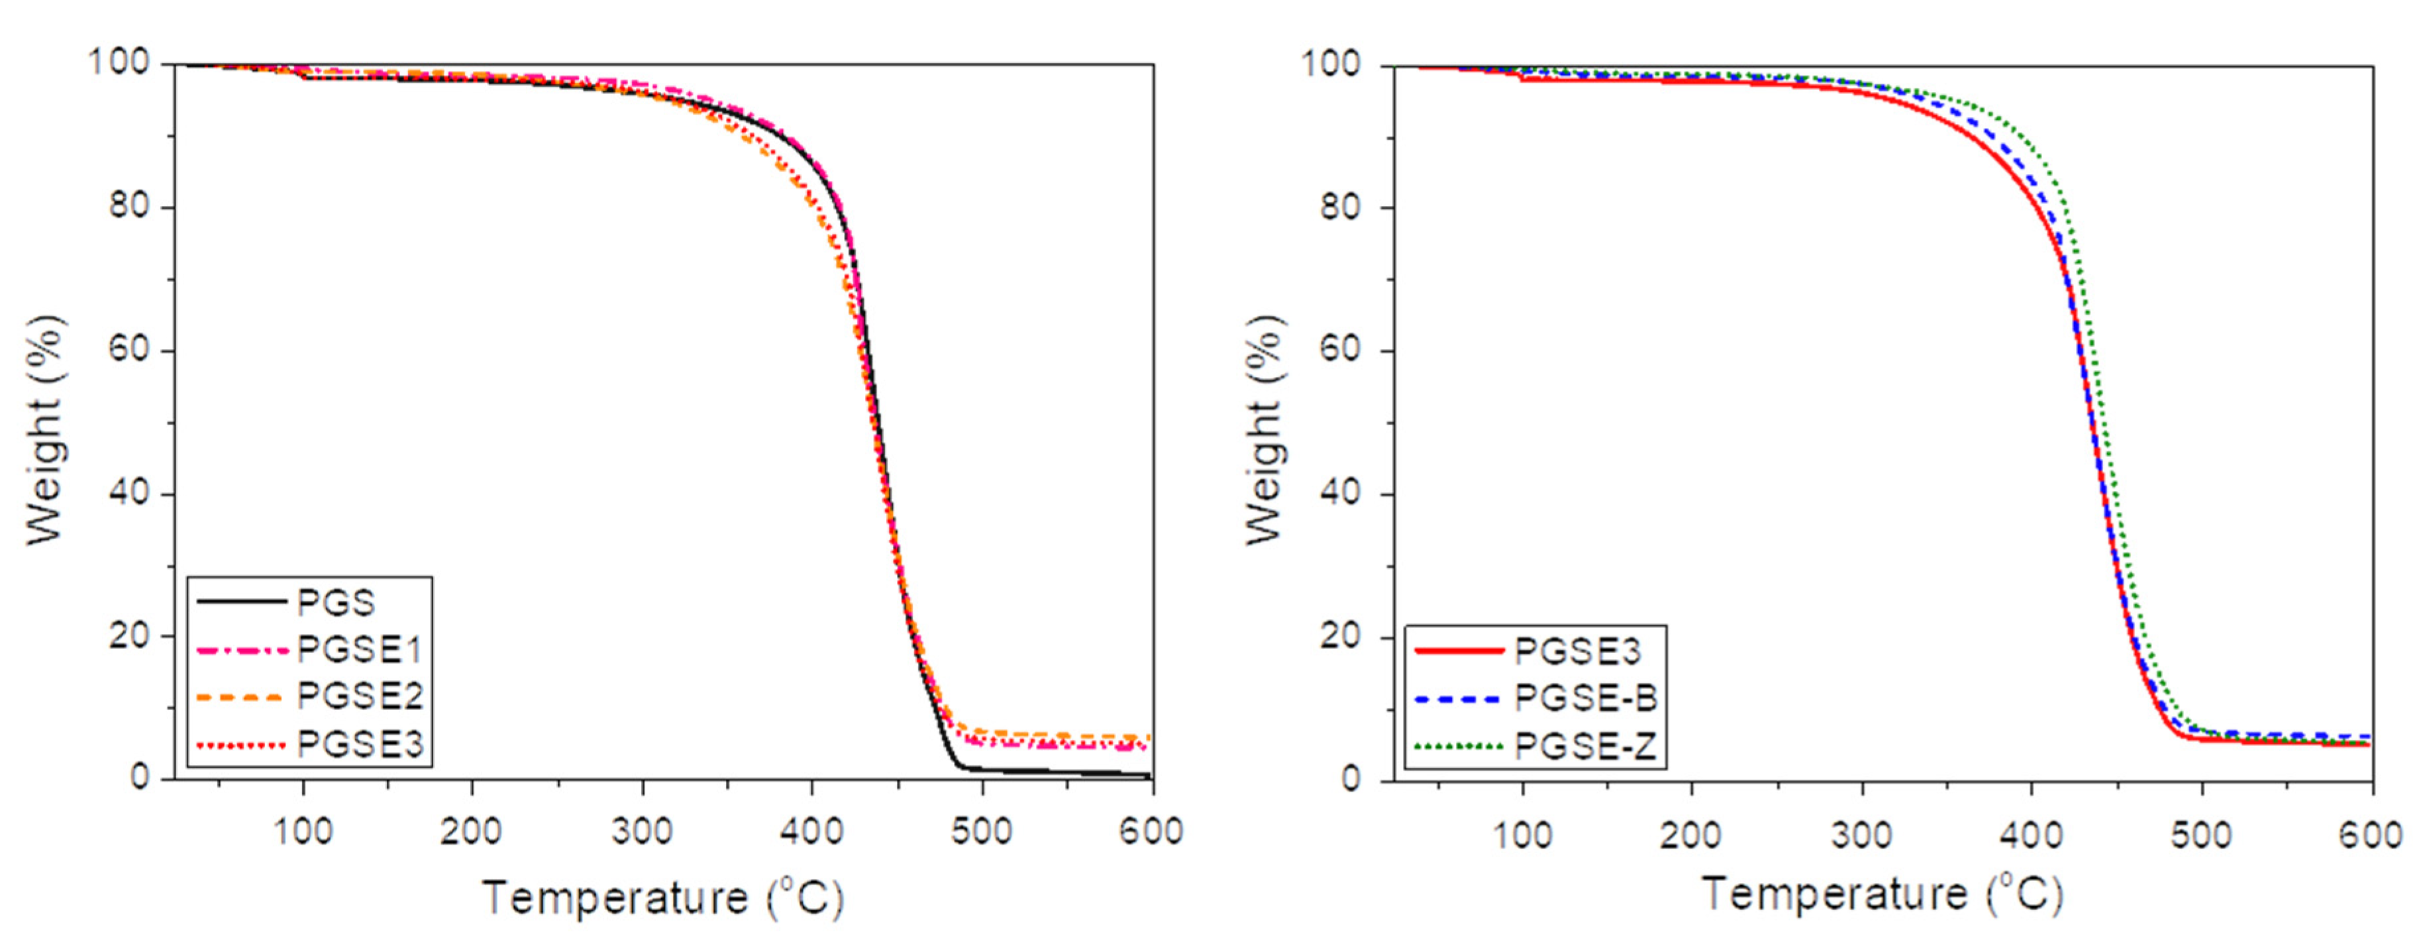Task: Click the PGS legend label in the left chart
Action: [x=336, y=603]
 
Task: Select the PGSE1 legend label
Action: [x=360, y=650]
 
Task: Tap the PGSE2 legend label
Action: [x=360, y=697]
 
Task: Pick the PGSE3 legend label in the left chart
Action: [x=360, y=745]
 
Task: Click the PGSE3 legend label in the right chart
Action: [x=1578, y=650]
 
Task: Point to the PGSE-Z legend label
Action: [x=1585, y=747]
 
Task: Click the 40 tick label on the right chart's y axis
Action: [x=1343, y=494]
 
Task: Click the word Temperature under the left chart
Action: [x=615, y=898]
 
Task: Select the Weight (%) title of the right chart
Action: [x=1264, y=431]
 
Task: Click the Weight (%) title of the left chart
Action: [x=44, y=431]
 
